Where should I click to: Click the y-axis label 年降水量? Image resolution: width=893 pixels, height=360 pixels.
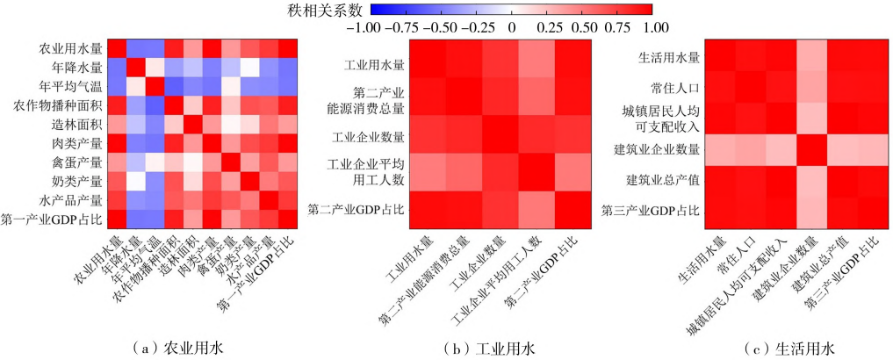[x=83, y=67]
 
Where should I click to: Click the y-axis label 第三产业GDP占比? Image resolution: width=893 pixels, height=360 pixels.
[x=651, y=210]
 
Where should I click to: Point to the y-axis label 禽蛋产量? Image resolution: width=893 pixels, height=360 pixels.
[x=83, y=162]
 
